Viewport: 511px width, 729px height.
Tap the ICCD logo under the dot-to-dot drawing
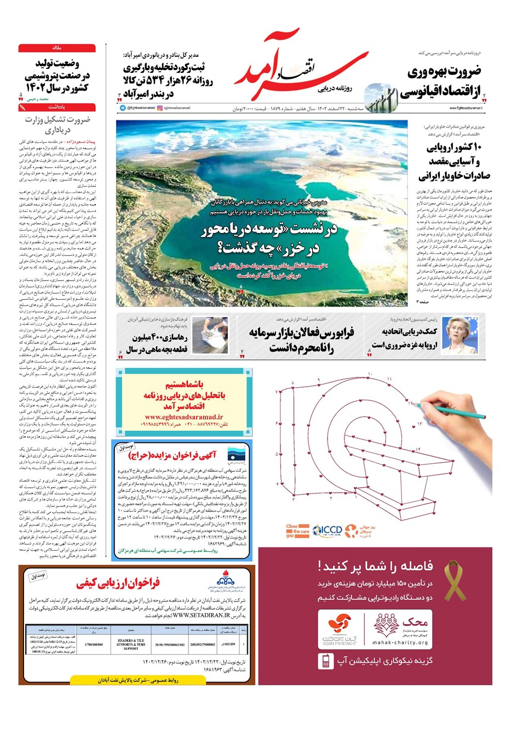pos(329,530)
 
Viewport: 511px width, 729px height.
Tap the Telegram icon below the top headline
pos(123,108)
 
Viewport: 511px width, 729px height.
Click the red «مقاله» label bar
pos(57,48)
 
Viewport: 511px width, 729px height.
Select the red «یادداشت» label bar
pos(57,108)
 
